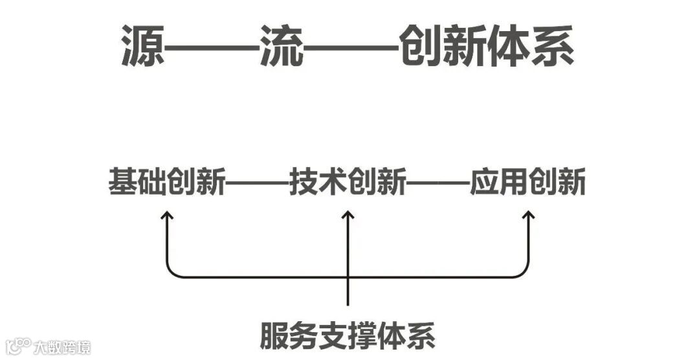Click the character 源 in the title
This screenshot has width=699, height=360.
coord(143,47)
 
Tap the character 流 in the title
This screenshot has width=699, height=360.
coord(282,47)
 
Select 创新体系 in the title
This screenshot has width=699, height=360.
coord(486,47)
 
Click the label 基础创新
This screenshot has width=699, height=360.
coord(167,182)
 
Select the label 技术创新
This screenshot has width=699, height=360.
coord(348,182)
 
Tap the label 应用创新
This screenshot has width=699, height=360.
coord(528,182)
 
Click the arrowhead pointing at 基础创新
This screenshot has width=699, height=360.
coord(168,215)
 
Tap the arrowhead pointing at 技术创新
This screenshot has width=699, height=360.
coord(348,215)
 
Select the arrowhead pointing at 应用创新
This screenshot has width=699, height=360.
coord(528,215)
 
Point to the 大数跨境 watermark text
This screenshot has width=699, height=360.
coord(63,347)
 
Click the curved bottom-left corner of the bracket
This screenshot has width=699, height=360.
coord(172,273)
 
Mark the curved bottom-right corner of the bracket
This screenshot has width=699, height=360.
coord(524,273)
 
